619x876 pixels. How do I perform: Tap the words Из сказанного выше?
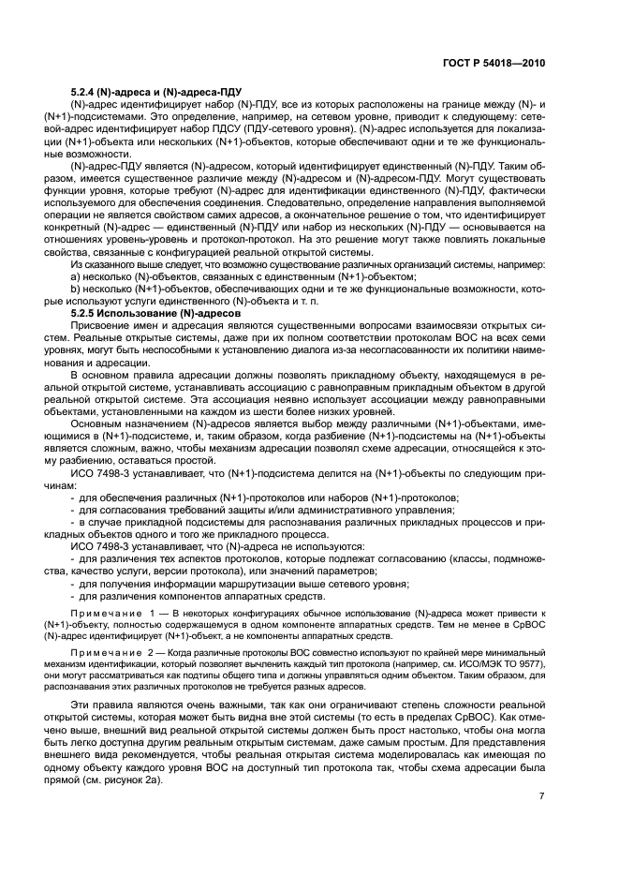[111, 265]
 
